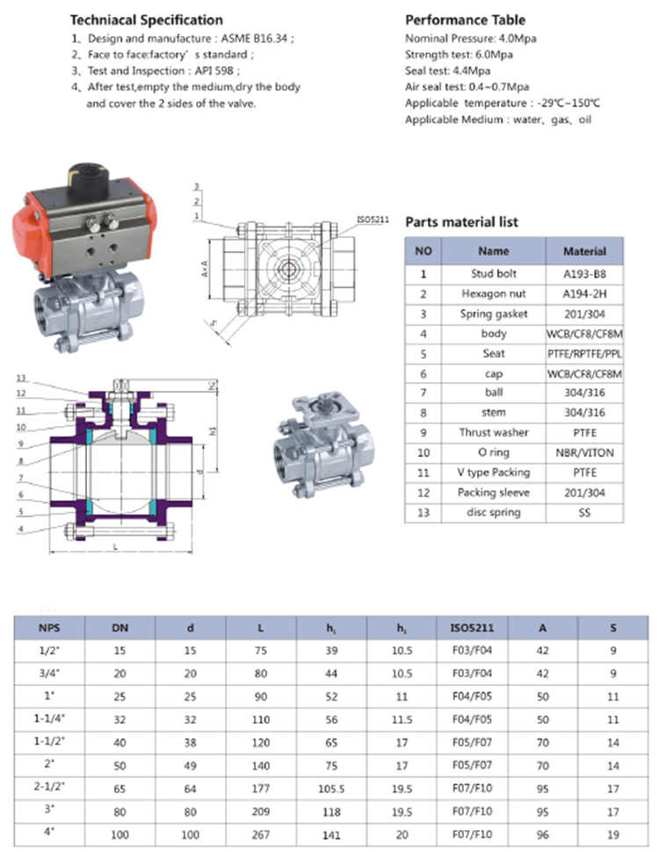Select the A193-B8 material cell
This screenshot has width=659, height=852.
pos(584,272)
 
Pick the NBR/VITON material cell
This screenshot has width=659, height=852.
pos(584,452)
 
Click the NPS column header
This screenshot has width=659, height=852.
pos(50,628)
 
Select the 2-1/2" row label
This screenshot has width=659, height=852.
pos(50,786)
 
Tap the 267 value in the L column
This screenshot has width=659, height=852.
pos(261,832)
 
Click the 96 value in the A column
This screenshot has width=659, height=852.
pos(542,832)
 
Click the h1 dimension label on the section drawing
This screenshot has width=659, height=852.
pos(213,430)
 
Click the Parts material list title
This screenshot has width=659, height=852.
pos(461,222)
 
